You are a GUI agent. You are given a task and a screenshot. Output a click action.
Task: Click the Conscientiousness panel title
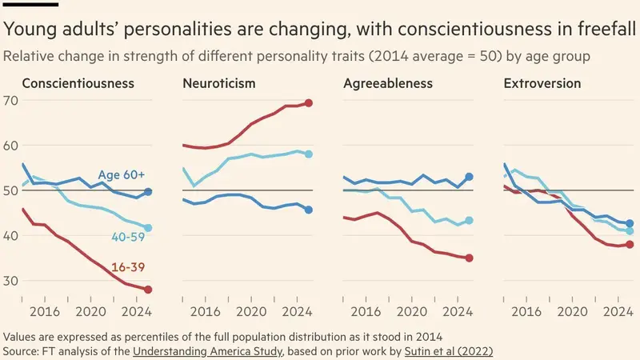pyautogui.click(x=78, y=83)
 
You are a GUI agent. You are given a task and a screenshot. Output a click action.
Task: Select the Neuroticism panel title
pyautogui.click(x=219, y=83)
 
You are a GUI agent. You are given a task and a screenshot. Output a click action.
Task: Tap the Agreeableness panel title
pyautogui.click(x=388, y=83)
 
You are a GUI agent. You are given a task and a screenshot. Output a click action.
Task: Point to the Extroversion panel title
pyautogui.click(x=542, y=83)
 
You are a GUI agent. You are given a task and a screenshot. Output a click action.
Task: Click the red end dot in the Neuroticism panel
pyautogui.click(x=309, y=103)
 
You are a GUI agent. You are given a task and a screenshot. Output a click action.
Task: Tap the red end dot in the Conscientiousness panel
pyautogui.click(x=148, y=290)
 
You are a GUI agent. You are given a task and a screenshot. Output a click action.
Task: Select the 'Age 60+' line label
pyautogui.click(x=122, y=175)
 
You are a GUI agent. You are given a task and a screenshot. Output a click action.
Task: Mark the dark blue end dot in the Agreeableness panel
pyautogui.click(x=470, y=177)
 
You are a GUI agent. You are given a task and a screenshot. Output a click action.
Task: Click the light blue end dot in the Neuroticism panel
pyautogui.click(x=309, y=154)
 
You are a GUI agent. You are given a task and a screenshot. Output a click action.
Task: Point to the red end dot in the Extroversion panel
pyautogui.click(x=630, y=245)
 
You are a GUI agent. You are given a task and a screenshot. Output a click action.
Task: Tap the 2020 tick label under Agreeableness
pyautogui.click(x=411, y=312)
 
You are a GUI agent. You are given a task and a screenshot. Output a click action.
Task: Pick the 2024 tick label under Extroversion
pyautogui.click(x=618, y=312)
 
